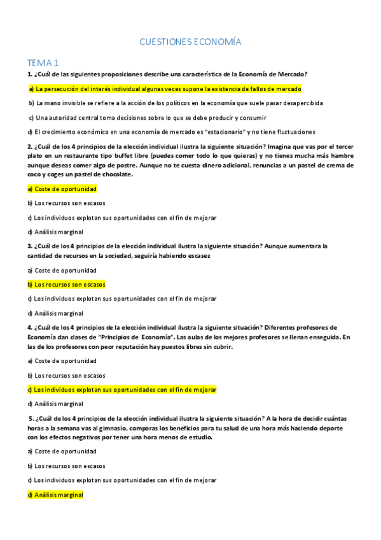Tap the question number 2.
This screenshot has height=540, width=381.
point(29,146)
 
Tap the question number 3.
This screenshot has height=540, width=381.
point(29,246)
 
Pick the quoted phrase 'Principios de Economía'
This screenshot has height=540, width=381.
point(143,337)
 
